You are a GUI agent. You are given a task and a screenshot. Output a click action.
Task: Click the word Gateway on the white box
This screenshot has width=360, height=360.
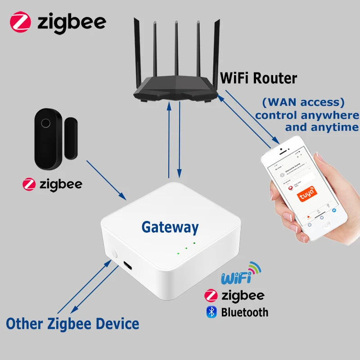pos(170,227)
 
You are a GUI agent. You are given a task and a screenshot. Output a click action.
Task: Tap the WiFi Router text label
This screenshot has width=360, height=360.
pos(258,78)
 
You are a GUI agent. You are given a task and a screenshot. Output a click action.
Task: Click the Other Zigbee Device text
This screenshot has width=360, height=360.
pos(72,323)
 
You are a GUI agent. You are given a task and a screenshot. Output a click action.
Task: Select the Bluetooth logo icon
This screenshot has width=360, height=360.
pos(211,311)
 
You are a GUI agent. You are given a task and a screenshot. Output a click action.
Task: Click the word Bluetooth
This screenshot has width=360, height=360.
pos(244,312)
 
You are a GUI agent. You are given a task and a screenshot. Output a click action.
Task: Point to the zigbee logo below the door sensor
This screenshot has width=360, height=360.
pos(53,184)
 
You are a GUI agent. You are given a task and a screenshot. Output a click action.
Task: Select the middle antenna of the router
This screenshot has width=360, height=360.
pos(176,49)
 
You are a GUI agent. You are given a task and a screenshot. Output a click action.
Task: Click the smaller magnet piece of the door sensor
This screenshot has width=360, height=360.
pos(71,138)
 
